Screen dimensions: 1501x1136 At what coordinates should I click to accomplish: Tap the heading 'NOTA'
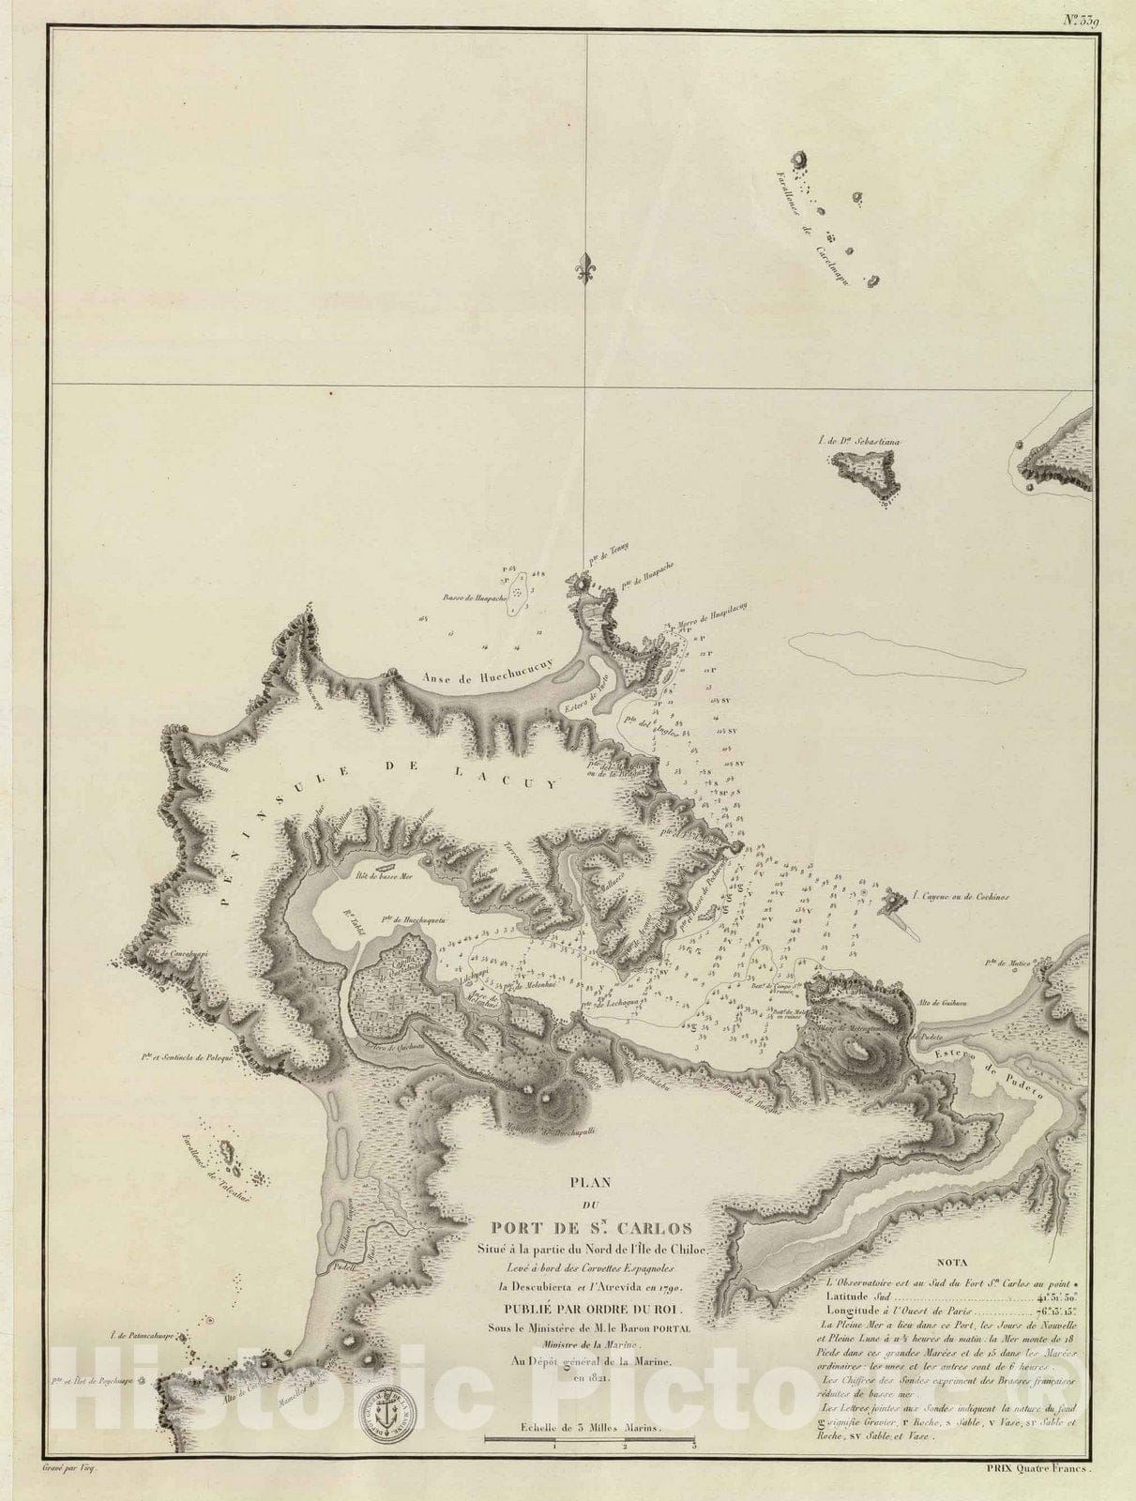pyautogui.click(x=948, y=1263)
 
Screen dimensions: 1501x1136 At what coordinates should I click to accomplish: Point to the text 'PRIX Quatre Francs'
pyautogui.click(x=1042, y=1481)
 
